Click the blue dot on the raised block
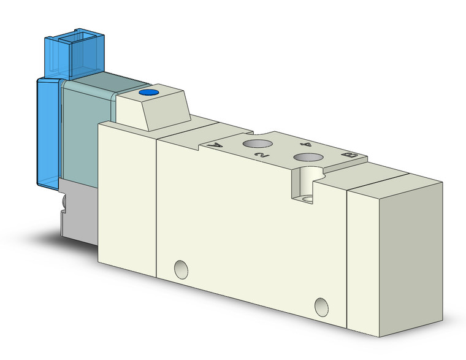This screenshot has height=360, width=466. [x=147, y=94]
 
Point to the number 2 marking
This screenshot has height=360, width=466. [x=261, y=156]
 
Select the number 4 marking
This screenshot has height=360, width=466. [x=307, y=145]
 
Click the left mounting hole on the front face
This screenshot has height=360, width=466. [x=180, y=268]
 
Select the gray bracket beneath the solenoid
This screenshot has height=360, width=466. [x=80, y=212]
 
